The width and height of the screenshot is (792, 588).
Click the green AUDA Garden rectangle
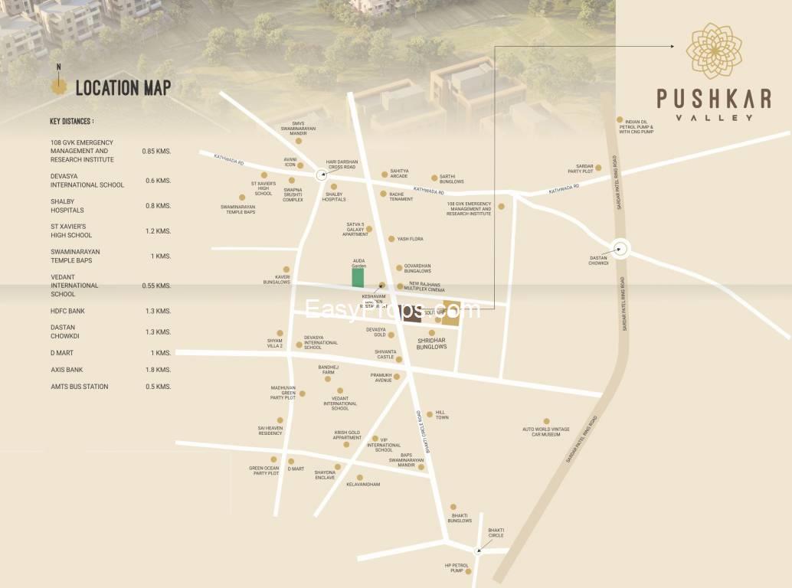coord(358,278)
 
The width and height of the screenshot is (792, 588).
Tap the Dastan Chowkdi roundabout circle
coord(620,248)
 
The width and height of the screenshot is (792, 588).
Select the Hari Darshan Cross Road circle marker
coord(322,175)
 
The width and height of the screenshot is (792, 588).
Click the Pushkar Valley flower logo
coord(713,51)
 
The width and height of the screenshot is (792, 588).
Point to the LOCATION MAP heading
coord(123,88)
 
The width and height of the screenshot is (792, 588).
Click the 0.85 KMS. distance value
coord(156,151)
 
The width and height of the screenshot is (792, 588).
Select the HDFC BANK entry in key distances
coord(67,312)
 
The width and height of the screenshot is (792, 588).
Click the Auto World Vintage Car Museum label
coord(546,432)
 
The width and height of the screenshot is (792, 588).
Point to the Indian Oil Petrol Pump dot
coord(620,119)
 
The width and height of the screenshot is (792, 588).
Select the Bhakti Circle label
coord(496,532)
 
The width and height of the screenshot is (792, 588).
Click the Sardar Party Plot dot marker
coord(598,168)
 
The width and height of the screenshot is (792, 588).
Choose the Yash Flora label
coord(410,239)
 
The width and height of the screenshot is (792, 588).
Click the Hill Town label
coord(442,414)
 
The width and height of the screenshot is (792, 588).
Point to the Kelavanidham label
coord(363,485)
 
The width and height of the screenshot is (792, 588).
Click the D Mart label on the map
coord(296,469)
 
